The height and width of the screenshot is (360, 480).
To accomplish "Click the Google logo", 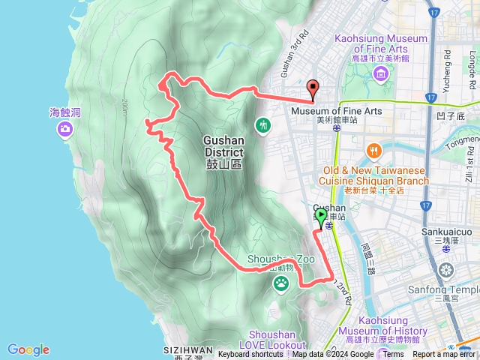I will pos(28,349).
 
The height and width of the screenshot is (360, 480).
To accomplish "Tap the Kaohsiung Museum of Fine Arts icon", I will pos(380,73).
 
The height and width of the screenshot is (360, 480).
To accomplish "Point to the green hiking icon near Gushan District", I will pos(262,124).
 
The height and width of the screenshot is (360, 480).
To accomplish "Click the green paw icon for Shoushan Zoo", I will pos(281,283).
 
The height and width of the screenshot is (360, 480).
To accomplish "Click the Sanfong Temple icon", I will pos(447,270).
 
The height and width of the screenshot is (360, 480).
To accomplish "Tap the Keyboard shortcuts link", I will pos(250,355).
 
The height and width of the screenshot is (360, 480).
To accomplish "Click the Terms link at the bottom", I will pos(393,355).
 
